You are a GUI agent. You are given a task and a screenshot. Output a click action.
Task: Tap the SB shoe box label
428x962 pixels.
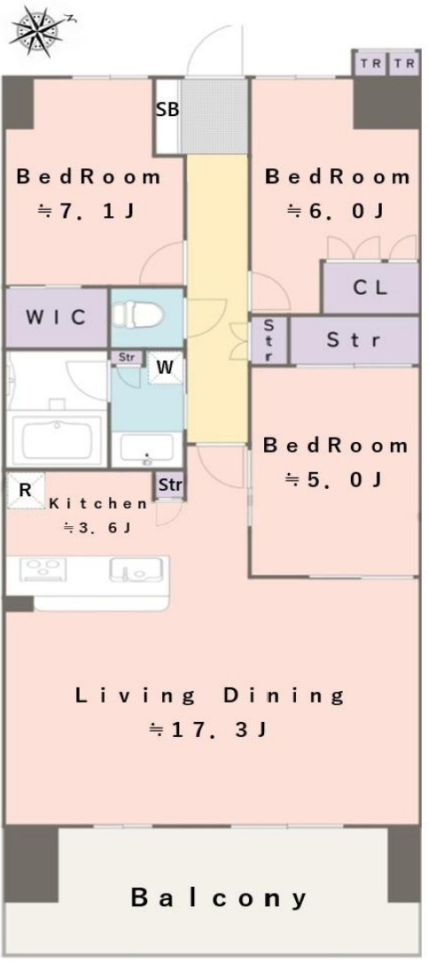[x=167, y=110]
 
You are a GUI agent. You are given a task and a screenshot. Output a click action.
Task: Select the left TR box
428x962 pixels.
[x=370, y=63]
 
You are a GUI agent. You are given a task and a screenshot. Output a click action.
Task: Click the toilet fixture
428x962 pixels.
[x=137, y=315]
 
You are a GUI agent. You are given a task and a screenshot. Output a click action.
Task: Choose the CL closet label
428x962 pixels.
[x=370, y=288]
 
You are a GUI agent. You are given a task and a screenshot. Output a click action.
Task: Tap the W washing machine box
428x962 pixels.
[x=165, y=367]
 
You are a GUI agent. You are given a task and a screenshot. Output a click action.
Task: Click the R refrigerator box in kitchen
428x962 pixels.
[x=25, y=490]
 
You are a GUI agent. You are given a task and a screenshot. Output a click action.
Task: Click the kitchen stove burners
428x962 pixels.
[x=43, y=570]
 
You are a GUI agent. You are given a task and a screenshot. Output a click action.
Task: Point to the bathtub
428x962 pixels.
[x=57, y=439]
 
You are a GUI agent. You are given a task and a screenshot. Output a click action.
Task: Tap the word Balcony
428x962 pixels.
[x=219, y=899]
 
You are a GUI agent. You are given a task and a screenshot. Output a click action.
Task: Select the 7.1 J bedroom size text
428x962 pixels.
[x=87, y=212]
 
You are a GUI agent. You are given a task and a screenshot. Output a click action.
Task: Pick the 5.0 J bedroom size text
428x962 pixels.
[x=335, y=479]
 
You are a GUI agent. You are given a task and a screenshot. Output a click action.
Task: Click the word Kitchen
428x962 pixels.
[x=98, y=504]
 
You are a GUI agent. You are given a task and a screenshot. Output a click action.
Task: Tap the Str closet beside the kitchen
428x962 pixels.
[x=170, y=485]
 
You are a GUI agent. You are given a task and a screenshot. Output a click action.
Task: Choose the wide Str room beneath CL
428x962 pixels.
[x=354, y=339]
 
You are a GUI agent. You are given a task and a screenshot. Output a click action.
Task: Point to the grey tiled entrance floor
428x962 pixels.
[x=214, y=116]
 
